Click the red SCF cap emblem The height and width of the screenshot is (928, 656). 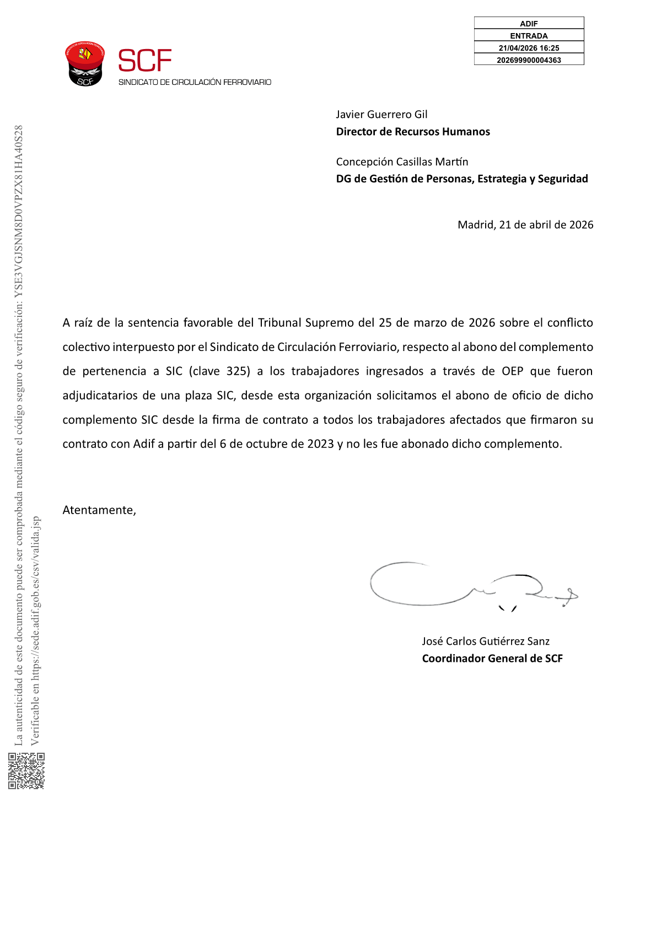click(85, 63)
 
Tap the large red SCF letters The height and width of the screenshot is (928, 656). click(145, 61)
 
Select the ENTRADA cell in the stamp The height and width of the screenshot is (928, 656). click(529, 36)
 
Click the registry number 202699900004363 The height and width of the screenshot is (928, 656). click(529, 60)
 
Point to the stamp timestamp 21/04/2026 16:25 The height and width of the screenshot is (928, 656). click(529, 48)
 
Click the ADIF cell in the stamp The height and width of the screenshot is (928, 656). click(529, 24)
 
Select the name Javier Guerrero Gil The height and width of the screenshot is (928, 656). click(381, 115)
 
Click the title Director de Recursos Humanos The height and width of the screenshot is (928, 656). click(413, 132)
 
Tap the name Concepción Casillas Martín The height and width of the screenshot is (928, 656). click(402, 162)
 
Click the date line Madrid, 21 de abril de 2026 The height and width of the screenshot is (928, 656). click(525, 225)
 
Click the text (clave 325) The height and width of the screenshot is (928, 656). click(219, 371)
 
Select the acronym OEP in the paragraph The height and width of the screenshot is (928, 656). click(512, 371)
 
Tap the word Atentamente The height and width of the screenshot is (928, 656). click(99, 510)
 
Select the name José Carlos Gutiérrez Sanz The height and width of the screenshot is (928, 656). click(486, 641)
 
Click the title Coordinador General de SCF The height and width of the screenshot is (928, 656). click(492, 659)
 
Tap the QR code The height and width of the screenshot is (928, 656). click(26, 770)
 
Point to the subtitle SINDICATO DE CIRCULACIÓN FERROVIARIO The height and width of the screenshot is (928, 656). click(195, 82)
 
